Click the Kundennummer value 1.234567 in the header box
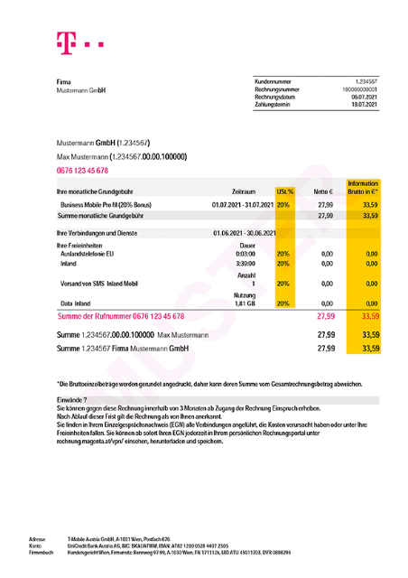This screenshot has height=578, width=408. [x=366, y=81]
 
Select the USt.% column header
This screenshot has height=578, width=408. [x=284, y=192]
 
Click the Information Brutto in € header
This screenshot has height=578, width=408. [x=363, y=188]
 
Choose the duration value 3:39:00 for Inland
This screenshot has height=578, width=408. [x=248, y=264]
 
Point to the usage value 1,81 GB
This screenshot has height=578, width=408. [x=247, y=303]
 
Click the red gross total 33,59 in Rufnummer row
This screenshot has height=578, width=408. [x=368, y=317]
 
